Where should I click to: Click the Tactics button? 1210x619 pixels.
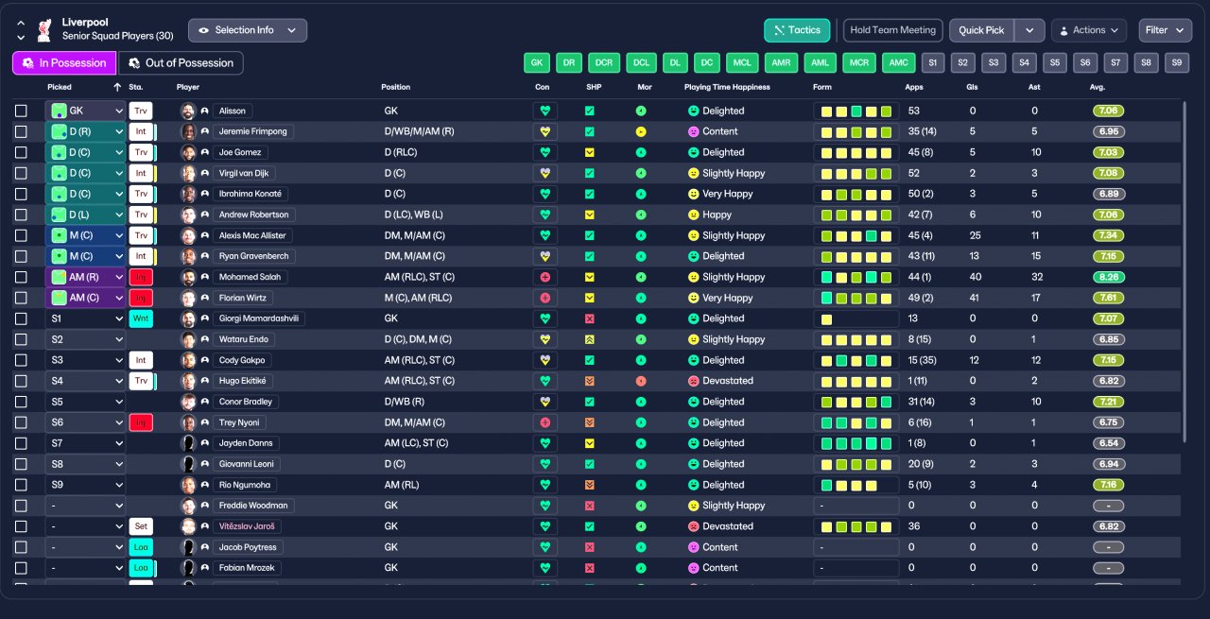tap(797, 30)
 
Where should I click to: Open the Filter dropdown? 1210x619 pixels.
tap(1165, 30)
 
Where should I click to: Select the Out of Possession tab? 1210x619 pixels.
tap(181, 63)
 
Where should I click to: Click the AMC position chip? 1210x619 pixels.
tap(897, 63)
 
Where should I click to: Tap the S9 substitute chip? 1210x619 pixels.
tap(1176, 63)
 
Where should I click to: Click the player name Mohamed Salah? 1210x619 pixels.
tap(251, 277)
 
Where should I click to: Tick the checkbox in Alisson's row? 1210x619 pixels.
tap(22, 111)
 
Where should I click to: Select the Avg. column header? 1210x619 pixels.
tap(1097, 87)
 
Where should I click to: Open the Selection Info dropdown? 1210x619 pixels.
tap(248, 30)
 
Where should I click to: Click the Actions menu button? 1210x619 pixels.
tap(1089, 30)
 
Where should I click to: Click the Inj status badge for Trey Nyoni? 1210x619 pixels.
tap(141, 422)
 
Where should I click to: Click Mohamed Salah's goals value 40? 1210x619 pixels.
tap(975, 277)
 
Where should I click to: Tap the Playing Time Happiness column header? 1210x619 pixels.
tap(727, 87)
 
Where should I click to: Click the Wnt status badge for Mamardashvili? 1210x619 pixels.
tap(141, 318)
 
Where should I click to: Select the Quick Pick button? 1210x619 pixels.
tap(981, 30)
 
